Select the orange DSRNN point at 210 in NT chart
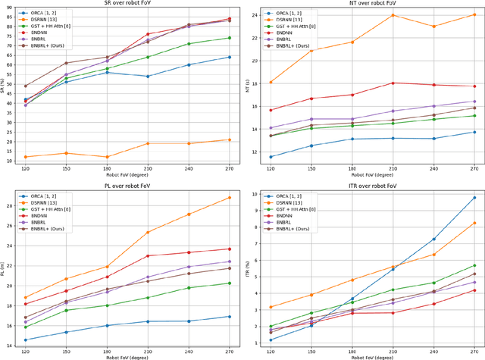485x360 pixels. [393, 15]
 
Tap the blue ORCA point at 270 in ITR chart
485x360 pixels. [474, 198]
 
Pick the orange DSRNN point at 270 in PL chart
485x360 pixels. [229, 198]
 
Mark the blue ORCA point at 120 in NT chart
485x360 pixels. [271, 157]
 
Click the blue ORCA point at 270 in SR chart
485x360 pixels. [229, 57]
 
